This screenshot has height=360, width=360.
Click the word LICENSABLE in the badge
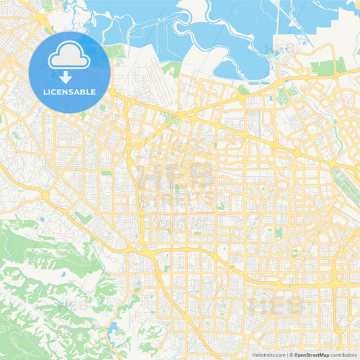pos(70,91)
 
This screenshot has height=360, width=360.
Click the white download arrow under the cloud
pos(66,78)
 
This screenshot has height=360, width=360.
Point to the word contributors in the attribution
pos(343,354)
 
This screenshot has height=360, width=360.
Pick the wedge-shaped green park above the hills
pos(82,217)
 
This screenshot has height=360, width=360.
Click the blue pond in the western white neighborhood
pos(41,220)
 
